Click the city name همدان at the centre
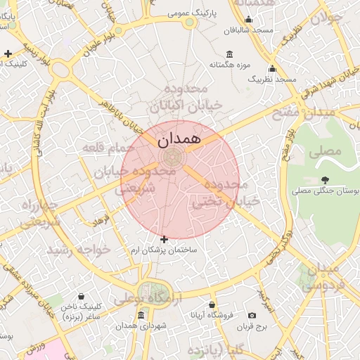pyautogui.click(x=179, y=139)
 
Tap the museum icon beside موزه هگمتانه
pyautogui.click(x=230, y=55)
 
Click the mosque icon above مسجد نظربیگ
pyautogui.click(x=272, y=69)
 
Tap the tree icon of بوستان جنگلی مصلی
pyautogui.click(x=324, y=180)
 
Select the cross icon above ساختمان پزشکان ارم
pyautogui.click(x=165, y=240)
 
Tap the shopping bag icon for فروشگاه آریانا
pyautogui.click(x=212, y=305)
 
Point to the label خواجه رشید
pyautogui.click(x=78, y=250)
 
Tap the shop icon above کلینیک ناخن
pyautogui.click(x=82, y=297)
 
